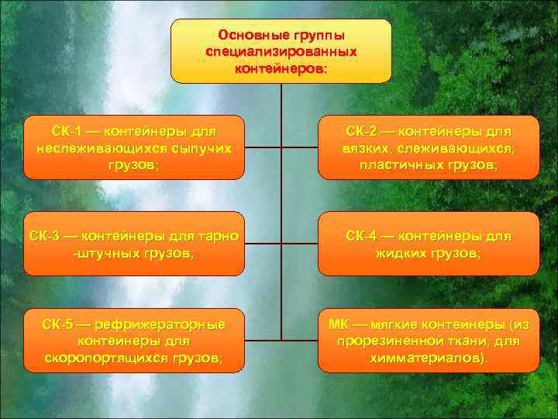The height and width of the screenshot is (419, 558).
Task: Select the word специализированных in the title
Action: click(281, 51)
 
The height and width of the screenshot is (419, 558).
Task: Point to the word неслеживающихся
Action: click(91, 147)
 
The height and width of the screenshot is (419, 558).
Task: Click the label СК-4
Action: click(364, 235)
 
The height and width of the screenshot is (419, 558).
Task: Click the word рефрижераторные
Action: click(155, 323)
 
